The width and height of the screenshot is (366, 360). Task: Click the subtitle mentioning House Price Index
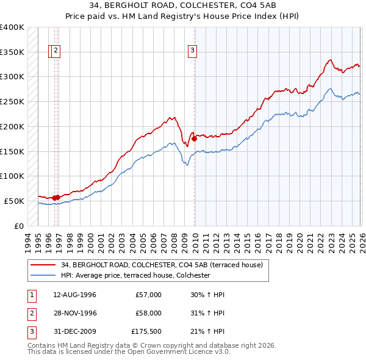point(182,16)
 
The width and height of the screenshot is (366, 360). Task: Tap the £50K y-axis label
point(15,201)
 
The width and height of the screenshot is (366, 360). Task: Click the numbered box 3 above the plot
point(192,51)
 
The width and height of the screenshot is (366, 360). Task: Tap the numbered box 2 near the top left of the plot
point(56,51)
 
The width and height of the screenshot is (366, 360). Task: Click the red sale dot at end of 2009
point(195,139)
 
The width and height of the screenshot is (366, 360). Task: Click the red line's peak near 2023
point(330,60)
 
